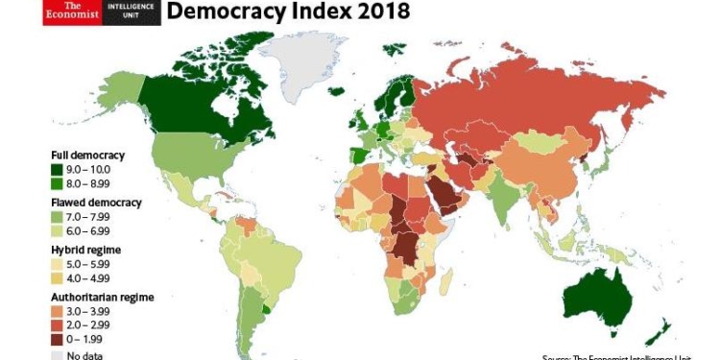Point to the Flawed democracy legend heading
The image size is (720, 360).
(x=96, y=203)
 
